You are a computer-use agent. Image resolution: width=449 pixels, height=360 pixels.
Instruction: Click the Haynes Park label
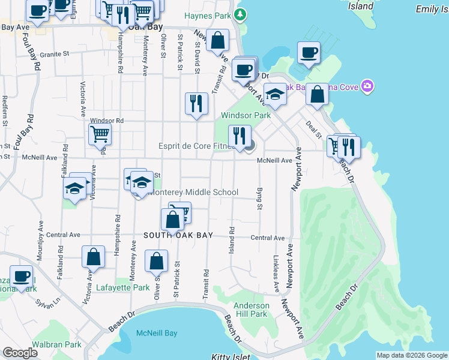tap(208, 16)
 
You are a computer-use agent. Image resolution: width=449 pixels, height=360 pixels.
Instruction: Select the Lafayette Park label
tap(123, 288)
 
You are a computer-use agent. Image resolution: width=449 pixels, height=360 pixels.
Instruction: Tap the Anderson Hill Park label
tap(250, 310)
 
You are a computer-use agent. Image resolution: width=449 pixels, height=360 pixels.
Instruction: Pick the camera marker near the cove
tap(367, 87)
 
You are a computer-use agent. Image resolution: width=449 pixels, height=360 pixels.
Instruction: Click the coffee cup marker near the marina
tap(309, 52)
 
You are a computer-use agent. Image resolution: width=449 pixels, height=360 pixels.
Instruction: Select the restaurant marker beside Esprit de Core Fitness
tap(240, 136)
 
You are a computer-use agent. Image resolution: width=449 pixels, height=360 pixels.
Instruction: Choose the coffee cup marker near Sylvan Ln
tap(21, 275)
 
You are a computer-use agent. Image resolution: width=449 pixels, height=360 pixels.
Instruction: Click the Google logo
tap(20, 353)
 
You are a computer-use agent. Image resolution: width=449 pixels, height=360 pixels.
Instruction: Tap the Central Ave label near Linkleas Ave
tap(267, 238)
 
